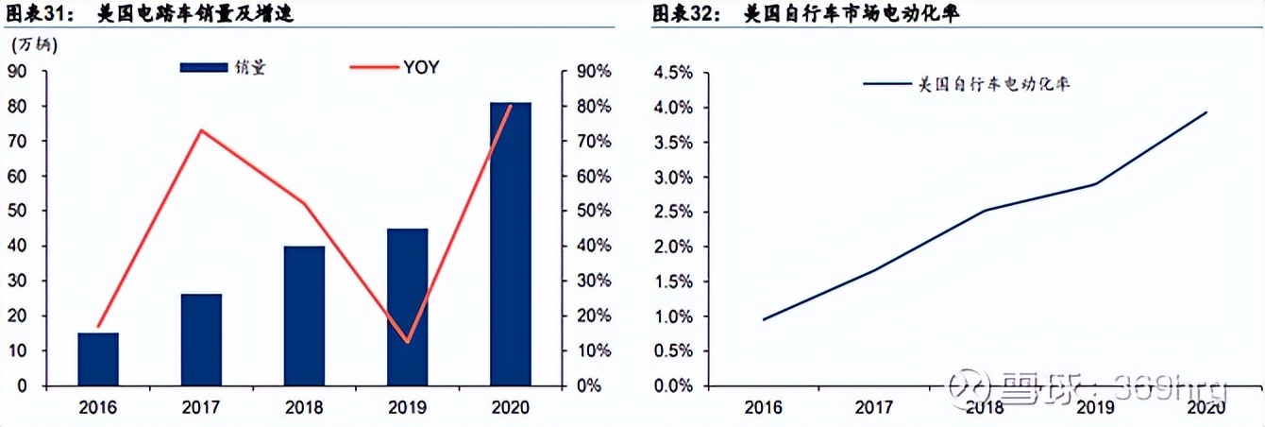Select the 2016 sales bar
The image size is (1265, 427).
pyautogui.click(x=98, y=359)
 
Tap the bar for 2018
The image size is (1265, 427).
pyautogui.click(x=304, y=316)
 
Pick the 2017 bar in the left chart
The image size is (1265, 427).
pyautogui.click(x=201, y=340)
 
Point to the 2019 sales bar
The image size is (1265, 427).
pyautogui.click(x=407, y=307)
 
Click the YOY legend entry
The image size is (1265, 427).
pyautogui.click(x=421, y=67)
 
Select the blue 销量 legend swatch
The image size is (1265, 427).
pyautogui.click(x=203, y=67)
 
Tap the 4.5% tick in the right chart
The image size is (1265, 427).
pyautogui.click(x=674, y=73)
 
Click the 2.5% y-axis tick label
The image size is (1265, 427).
pyautogui.click(x=674, y=213)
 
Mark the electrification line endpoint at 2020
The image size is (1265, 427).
pyautogui.click(x=1206, y=112)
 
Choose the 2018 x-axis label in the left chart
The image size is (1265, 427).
pyautogui.click(x=304, y=407)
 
